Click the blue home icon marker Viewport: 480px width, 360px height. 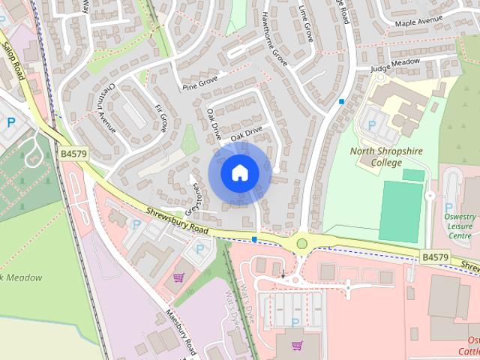tap(239, 172)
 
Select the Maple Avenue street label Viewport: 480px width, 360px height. tap(418, 22)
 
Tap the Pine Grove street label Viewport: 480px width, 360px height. tap(199, 82)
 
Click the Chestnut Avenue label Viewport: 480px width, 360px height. tap(105, 106)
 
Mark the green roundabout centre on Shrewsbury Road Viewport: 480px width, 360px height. tap(302, 243)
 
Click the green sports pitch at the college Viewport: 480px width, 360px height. tap(401, 210)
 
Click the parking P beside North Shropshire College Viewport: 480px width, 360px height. tap(369, 124)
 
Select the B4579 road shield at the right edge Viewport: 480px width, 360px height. tap(434, 256)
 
